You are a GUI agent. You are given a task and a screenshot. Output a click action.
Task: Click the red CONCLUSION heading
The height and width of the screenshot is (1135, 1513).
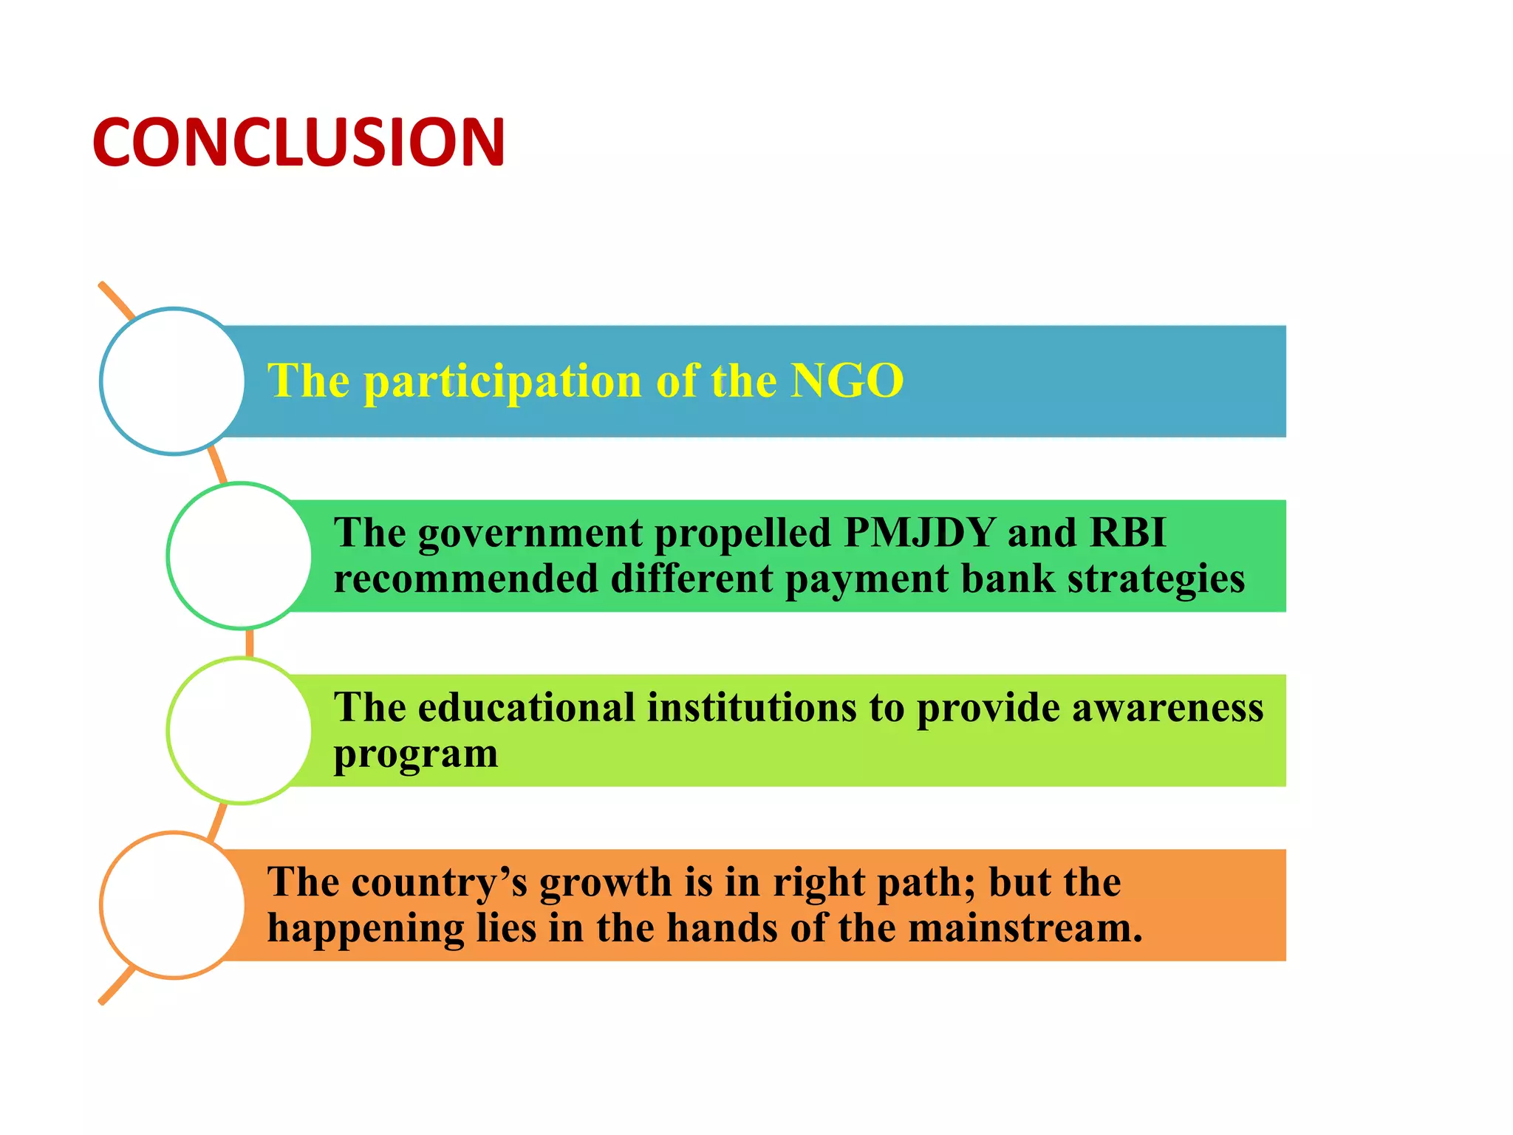click(298, 142)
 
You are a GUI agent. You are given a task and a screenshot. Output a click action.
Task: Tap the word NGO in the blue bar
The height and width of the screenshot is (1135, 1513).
click(847, 381)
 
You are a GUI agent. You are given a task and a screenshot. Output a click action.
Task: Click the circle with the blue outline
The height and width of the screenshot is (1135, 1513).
click(173, 381)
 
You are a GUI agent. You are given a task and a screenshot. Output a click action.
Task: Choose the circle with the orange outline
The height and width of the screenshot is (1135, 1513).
click(173, 905)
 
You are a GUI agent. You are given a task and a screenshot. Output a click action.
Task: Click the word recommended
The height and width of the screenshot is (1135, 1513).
click(465, 579)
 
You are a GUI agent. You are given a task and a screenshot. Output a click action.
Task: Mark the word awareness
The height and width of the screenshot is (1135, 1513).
click(1167, 707)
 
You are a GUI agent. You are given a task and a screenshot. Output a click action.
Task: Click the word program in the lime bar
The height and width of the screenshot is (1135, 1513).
click(416, 755)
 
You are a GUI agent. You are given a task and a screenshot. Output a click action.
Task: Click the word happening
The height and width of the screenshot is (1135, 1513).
click(366, 930)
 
